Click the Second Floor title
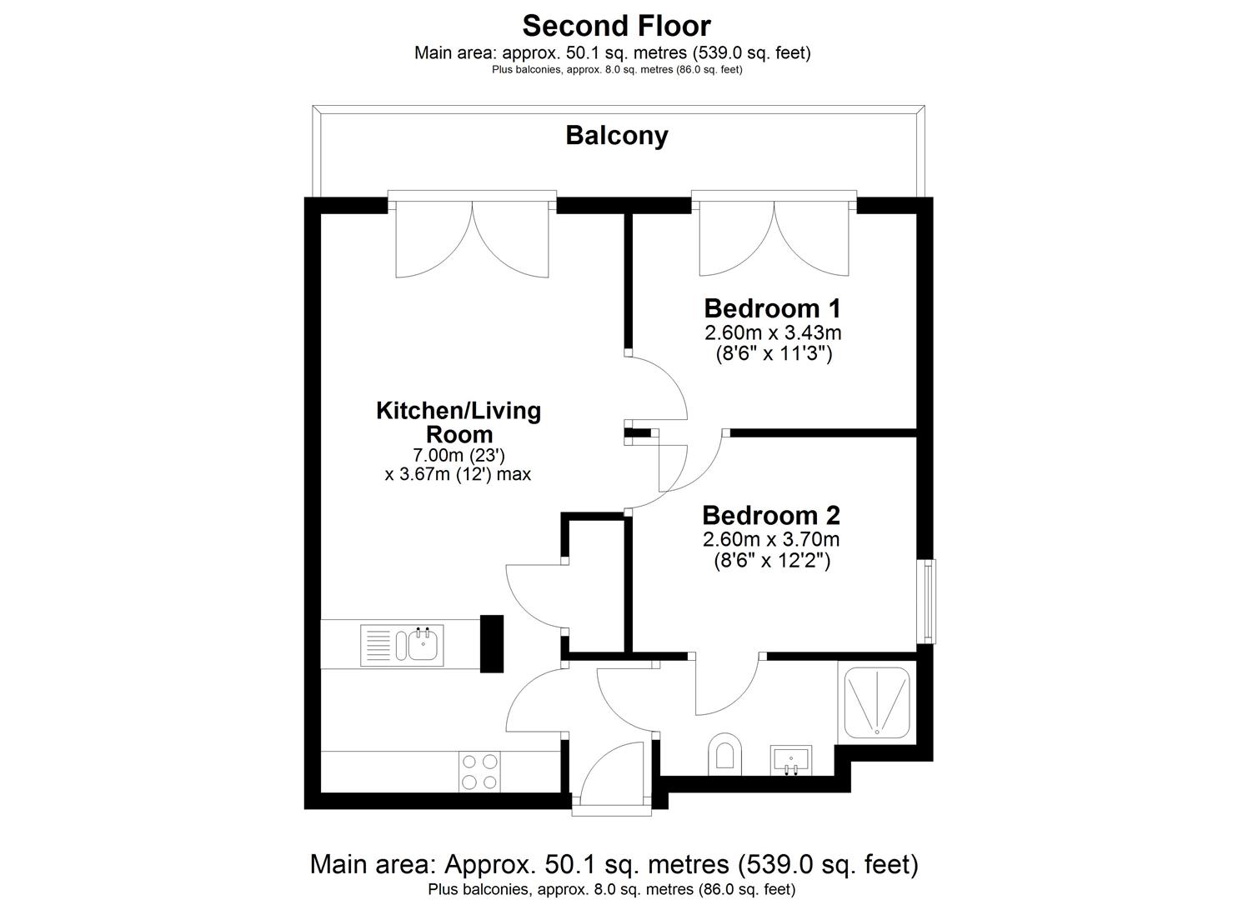point(616,26)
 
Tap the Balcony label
point(616,135)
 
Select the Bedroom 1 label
point(773,308)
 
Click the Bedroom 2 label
point(770,515)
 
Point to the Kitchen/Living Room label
point(459,422)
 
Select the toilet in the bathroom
point(724,753)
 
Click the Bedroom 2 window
point(926,601)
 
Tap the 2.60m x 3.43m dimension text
point(773,333)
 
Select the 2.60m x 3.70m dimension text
point(770,539)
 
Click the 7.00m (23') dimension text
point(459,456)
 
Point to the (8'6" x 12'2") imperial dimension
point(770,561)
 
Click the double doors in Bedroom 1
point(774,237)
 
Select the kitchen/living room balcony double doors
point(472,237)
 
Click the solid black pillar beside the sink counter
point(492,643)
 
